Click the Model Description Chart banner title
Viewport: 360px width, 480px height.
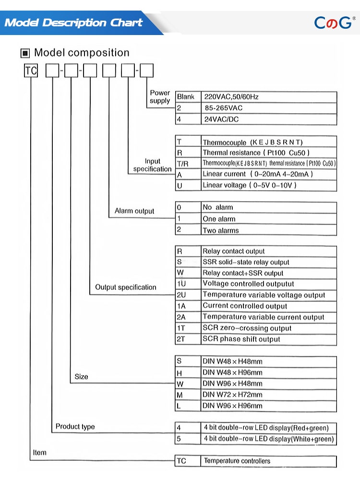tap(73, 23)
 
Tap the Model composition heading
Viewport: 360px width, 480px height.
tap(81, 53)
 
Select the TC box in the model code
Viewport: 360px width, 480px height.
tap(31, 71)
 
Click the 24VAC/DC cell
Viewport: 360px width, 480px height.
tap(268, 119)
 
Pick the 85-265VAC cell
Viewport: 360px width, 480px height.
tap(268, 108)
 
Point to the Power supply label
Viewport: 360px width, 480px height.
tap(160, 96)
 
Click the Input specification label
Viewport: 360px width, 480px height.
tap(152, 165)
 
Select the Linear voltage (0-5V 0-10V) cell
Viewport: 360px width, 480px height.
tap(268, 185)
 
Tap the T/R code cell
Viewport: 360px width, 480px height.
tap(188, 163)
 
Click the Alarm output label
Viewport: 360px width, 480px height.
tap(134, 211)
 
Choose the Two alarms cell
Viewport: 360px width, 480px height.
tap(268, 230)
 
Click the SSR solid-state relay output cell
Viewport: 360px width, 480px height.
tap(268, 262)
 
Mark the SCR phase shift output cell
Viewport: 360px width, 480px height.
tap(268, 339)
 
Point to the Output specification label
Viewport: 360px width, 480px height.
tap(126, 287)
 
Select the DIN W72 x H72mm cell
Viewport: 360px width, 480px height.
tap(268, 395)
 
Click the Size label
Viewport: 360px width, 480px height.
tap(82, 377)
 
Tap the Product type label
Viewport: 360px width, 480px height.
tap(75, 426)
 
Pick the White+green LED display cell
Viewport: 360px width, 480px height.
tap(268, 439)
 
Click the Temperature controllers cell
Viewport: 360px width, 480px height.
tap(268, 461)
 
